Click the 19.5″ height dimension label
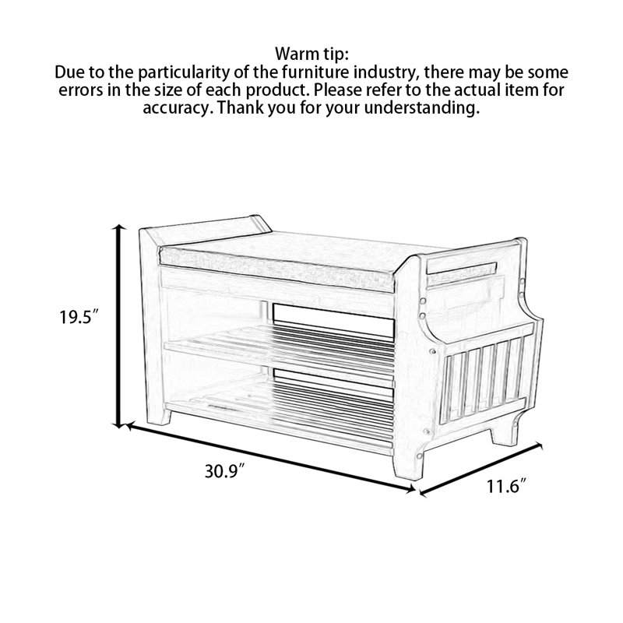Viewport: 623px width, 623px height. tap(79, 318)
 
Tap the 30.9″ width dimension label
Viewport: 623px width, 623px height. tap(224, 472)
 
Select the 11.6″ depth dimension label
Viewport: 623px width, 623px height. tap(507, 487)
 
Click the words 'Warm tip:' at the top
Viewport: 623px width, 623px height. tap(312, 54)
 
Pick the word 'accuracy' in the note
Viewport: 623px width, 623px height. tap(174, 108)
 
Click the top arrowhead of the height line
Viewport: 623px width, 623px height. tap(118, 227)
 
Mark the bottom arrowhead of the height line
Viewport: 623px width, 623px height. tap(118, 424)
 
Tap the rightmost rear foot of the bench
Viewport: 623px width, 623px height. tap(503, 434)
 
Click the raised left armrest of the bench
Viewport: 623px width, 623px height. tap(206, 230)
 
